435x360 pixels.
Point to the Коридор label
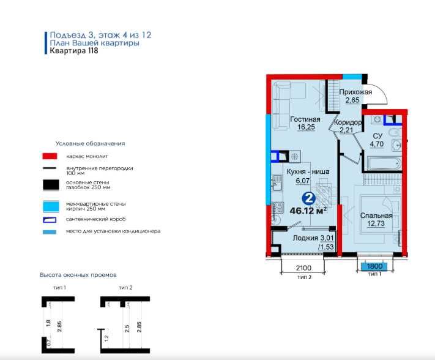[348, 122]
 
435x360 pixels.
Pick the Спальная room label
[376, 216]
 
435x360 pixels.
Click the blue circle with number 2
[309, 198]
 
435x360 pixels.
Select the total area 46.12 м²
[308, 211]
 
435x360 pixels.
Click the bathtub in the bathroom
[383, 163]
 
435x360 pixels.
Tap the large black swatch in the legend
[49, 184]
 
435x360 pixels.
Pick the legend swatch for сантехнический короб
[49, 219]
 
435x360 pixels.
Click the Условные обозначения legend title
[90, 143]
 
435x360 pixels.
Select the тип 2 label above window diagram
[125, 287]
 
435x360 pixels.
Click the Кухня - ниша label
[308, 172]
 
